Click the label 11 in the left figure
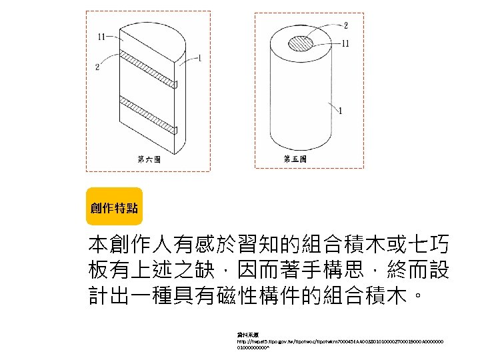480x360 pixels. pyautogui.click(x=103, y=37)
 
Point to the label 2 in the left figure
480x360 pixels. pyautogui.click(x=98, y=66)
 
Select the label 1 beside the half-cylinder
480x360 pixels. pyautogui.click(x=200, y=59)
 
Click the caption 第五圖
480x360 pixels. pyautogui.click(x=295, y=159)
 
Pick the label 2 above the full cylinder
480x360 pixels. pyautogui.click(x=345, y=26)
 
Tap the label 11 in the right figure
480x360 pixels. pyautogui.click(x=345, y=43)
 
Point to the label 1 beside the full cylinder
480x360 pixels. pyautogui.click(x=342, y=111)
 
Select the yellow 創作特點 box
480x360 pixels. pyautogui.click(x=114, y=207)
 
